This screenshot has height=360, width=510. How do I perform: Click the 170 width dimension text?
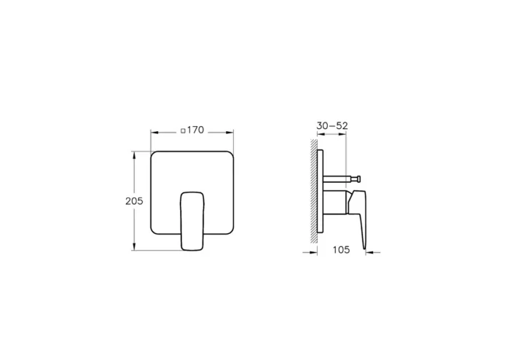point(194,130)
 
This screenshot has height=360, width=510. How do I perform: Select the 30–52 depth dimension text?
point(332,125)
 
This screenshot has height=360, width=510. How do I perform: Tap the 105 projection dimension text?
point(341,249)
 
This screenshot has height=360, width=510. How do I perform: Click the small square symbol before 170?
point(181,131)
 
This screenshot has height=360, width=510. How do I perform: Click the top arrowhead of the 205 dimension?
point(134,154)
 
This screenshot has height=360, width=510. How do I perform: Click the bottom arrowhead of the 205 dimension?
point(134,248)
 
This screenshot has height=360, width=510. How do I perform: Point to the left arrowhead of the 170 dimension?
point(153,132)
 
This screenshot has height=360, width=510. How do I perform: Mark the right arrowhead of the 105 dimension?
point(367,254)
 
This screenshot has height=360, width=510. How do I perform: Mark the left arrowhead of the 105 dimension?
point(316,254)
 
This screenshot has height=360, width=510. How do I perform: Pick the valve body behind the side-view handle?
point(337,203)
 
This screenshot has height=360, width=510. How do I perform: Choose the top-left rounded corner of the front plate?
point(154,154)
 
